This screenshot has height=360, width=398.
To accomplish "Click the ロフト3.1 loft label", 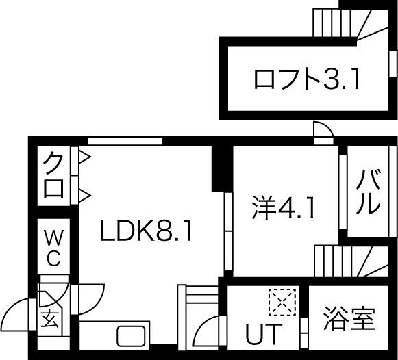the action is pos(306,79).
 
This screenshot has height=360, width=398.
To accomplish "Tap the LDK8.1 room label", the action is pos(147,231).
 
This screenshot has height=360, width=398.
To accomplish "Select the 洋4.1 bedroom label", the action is pos(284,207).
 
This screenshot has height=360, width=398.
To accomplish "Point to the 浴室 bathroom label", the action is pos(349,319).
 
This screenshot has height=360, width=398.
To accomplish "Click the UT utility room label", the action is pos(264,333).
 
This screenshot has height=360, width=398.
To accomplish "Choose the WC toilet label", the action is pos(53,248).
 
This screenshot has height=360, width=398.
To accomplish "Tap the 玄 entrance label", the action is pos(50,319).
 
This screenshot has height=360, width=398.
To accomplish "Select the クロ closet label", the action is pos(53,175).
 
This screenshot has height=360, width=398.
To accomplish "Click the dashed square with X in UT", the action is pos(282,302).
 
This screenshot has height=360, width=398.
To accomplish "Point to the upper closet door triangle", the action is pos(85,157).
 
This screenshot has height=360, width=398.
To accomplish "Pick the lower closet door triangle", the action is pos(85,196).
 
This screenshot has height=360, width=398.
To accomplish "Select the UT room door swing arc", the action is pos(201,327).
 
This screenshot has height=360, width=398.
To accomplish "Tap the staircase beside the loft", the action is pos(351,23).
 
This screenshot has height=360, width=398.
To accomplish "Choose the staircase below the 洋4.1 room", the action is pos(351,261).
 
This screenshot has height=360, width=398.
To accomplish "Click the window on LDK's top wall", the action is pos(125,141).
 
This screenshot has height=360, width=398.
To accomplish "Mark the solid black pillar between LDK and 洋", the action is pos(222,168).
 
